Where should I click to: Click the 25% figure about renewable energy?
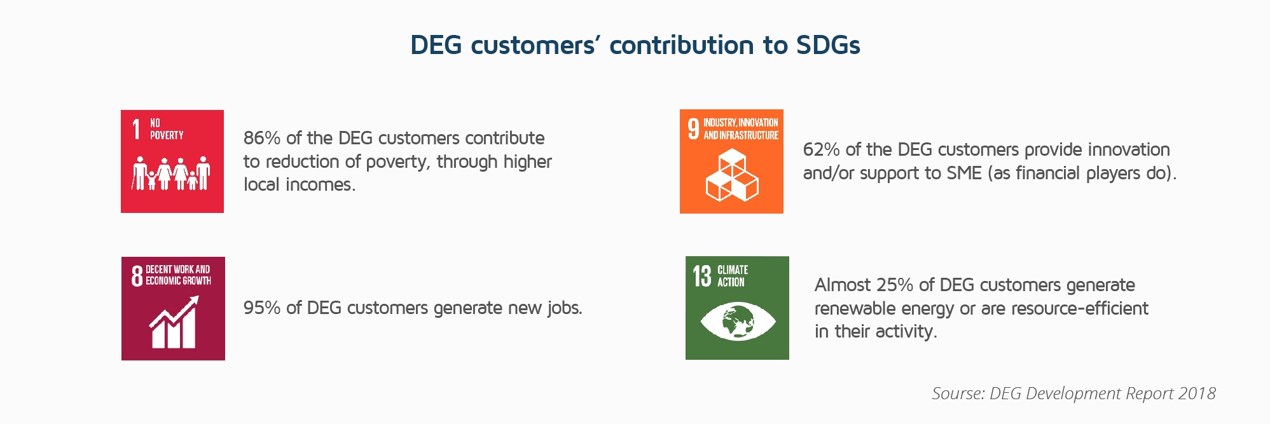[895, 285]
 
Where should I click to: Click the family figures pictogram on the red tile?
[172, 173]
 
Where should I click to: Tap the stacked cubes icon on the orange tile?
[732, 175]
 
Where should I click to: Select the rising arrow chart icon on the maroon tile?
[174, 322]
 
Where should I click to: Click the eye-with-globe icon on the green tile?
[738, 321]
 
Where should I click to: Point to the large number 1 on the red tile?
[136, 129]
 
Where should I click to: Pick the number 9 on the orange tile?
[693, 128]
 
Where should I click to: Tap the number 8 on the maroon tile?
[137, 276]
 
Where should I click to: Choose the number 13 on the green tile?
[702, 276]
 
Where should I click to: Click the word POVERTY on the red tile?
[167, 135]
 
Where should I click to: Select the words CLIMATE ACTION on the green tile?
[733, 276]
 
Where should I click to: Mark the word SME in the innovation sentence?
[964, 173]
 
